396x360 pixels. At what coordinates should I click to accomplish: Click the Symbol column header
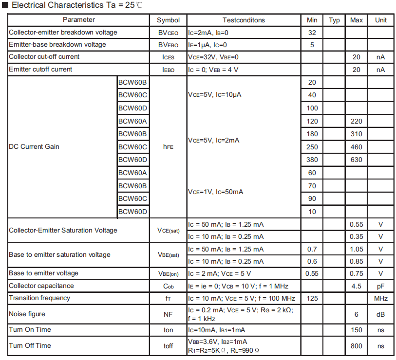tap(168, 20)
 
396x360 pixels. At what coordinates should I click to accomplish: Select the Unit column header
tap(381, 20)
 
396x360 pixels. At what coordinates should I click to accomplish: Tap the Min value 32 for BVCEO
tap(312, 33)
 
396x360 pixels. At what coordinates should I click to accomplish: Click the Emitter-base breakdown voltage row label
tap(57, 45)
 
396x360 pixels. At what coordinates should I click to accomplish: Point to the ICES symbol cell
tap(168, 57)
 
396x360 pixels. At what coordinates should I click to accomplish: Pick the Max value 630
tap(357, 160)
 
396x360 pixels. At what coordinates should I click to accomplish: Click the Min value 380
tap(312, 160)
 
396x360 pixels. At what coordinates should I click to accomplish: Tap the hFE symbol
tap(168, 146)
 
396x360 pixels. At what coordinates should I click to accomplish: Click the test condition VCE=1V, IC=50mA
tap(215, 192)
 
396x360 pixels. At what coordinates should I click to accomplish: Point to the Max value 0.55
tap(357, 224)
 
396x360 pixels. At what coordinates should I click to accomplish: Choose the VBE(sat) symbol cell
tap(168, 255)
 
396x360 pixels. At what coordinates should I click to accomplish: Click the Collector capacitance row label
tap(41, 286)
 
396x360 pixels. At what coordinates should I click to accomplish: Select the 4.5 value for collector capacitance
tap(357, 286)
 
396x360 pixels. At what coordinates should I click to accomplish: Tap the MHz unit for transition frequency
tap(381, 298)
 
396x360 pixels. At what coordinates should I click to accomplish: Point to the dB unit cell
tap(381, 314)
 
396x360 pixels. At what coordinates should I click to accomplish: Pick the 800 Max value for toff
tap(357, 346)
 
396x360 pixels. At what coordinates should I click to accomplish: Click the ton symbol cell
tap(168, 330)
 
